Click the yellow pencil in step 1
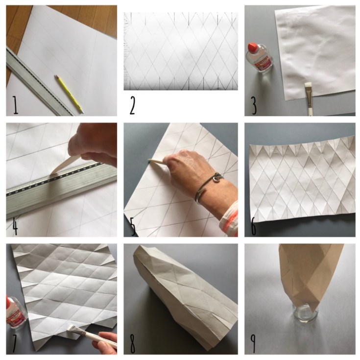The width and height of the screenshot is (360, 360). coord(69,93)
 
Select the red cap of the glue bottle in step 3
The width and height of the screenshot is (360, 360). coord(253,48)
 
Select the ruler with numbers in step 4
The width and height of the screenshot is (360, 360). coord(59,189)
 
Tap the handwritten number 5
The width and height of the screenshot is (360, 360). coord(133,226)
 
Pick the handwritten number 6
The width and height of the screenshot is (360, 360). coord(253,226)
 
